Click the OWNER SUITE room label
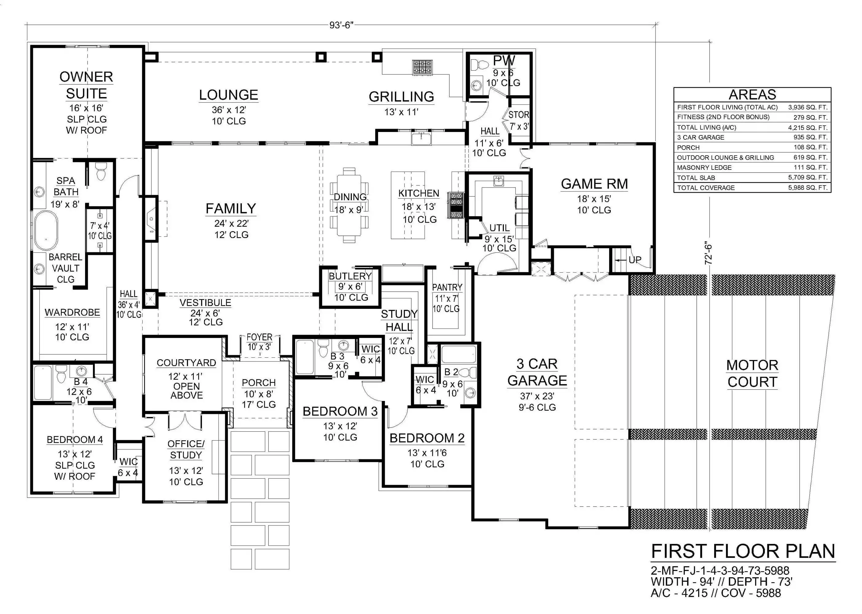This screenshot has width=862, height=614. (x=86, y=85)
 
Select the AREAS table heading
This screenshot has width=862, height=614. (x=752, y=94)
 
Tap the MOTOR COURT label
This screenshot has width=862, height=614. (x=752, y=374)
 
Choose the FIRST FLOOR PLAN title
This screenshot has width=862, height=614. (x=743, y=551)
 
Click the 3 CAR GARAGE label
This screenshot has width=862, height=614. (x=537, y=372)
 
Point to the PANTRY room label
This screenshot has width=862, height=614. (x=447, y=287)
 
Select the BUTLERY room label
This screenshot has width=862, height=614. (x=350, y=276)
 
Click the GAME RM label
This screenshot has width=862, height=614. (x=594, y=184)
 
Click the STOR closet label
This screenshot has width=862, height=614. (x=519, y=115)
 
